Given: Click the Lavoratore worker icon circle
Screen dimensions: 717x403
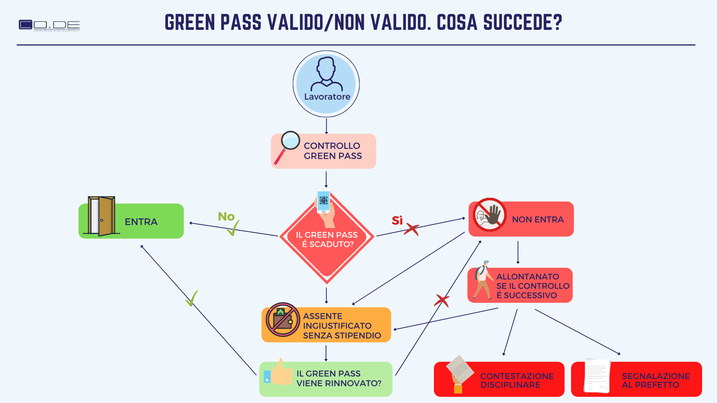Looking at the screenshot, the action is tap(326, 84).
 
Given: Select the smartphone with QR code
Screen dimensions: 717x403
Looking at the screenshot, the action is tap(323, 201).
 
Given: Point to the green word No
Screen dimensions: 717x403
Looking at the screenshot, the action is tap(226, 216).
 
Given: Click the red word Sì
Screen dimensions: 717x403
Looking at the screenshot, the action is tap(397, 221).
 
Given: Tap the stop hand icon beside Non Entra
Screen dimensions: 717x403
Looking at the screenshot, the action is tap(490, 215).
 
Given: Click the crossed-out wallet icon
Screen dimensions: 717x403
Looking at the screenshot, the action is tap(283, 319).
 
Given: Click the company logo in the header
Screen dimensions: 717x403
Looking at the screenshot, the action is tap(49, 25).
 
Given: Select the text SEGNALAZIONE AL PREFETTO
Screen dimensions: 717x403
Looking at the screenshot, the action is tap(656, 380).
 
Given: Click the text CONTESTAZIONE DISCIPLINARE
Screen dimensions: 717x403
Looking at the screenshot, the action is tap(517, 380).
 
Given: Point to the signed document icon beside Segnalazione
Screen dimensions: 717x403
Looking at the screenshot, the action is tap(597, 376).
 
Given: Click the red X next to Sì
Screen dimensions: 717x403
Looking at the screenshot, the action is tap(412, 229).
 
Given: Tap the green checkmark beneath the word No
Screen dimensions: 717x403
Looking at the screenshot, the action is tap(233, 228).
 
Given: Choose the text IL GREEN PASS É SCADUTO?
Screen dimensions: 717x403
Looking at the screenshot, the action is tap(327, 240).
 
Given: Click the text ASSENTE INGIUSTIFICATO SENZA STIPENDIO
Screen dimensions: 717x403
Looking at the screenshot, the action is tap(342, 326).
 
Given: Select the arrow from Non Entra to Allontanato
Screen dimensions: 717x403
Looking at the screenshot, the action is tap(518, 252).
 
